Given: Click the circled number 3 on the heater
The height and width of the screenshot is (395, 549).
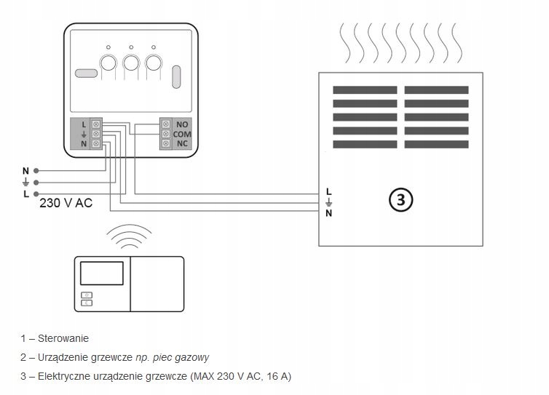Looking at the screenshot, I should (x=400, y=199).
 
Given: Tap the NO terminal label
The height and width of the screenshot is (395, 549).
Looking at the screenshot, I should (x=182, y=124).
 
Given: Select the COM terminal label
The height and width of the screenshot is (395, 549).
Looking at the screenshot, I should (x=182, y=135).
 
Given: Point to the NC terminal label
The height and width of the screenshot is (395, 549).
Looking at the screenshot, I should (x=182, y=144).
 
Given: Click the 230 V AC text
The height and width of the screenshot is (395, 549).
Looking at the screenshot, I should (x=66, y=204).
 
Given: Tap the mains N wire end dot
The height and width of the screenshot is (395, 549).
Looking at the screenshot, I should (x=36, y=171).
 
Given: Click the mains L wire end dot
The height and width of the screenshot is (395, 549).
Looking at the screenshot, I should (x=36, y=194).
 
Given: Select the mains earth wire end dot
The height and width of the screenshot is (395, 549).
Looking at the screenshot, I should (x=36, y=183).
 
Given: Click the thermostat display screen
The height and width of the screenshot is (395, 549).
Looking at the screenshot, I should (x=102, y=273).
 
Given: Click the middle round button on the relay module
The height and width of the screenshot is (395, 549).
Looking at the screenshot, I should (x=131, y=63).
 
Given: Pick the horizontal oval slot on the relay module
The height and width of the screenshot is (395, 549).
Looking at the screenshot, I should (x=85, y=73).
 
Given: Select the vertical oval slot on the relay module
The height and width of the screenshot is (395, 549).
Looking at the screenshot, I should (x=177, y=76).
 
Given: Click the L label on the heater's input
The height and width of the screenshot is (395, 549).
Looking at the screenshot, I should (x=329, y=191).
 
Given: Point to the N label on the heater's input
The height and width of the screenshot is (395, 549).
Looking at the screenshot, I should (x=329, y=213).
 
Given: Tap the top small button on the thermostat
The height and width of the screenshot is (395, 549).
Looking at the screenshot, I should (x=87, y=295).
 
